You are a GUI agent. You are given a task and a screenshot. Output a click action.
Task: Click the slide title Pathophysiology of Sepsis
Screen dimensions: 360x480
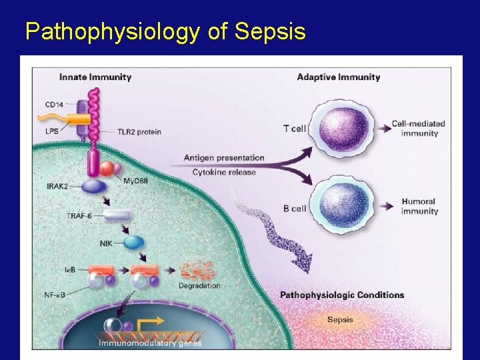pos(165,31)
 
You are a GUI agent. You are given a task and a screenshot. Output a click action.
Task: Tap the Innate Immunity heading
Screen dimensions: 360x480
pos(95,77)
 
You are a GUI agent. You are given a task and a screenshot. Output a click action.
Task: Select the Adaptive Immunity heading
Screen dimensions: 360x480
pos(338,77)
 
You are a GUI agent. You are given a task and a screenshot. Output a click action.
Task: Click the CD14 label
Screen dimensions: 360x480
pos(55,105)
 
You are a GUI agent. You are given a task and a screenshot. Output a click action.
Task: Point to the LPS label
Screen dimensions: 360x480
pos(53,132)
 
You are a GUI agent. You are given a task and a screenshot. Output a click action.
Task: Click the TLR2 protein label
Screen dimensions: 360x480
pos(139,132)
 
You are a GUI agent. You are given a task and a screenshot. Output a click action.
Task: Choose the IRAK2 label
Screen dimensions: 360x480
pos(58,186)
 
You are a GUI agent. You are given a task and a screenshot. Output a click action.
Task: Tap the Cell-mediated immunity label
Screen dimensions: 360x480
pos(418,128)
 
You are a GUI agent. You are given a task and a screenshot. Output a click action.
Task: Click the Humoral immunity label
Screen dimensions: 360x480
pos(419,206)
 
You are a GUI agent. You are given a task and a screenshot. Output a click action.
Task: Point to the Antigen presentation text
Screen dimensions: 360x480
pos(224,158)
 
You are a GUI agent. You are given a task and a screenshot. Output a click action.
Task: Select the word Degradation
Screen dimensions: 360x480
pos(199,286)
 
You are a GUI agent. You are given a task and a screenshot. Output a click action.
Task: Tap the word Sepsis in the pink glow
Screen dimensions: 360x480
pos(341,319)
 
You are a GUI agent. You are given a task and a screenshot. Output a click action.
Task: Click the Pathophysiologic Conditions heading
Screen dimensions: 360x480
pos(342,295)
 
